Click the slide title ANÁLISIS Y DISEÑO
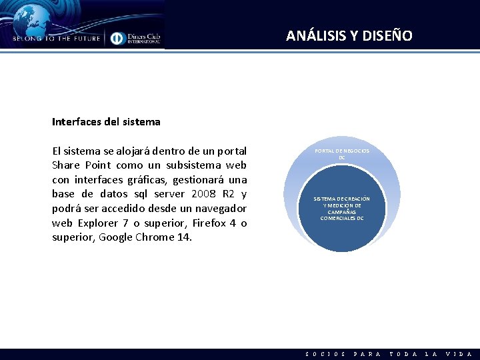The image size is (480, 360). click(x=349, y=36)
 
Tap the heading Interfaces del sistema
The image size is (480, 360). click(x=106, y=122)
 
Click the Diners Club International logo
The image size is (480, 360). click(x=136, y=38)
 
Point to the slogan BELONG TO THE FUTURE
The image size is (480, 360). click(x=56, y=39)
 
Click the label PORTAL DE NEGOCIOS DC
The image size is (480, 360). click(x=341, y=154)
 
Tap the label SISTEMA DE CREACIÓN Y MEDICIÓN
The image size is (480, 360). click(x=341, y=208)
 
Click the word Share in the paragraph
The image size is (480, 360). click(x=66, y=165)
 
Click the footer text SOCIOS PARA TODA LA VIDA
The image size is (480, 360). click(x=389, y=354)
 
